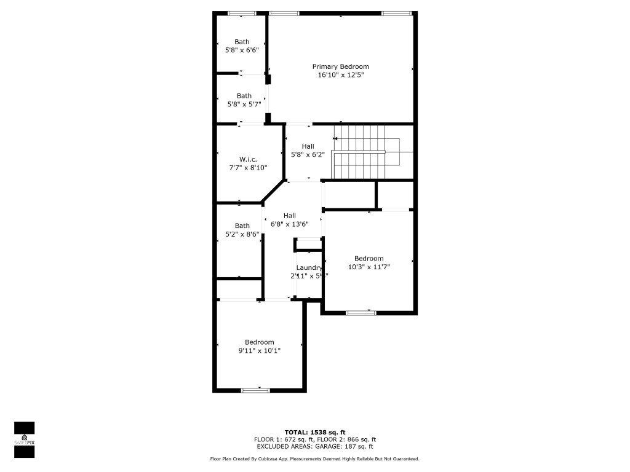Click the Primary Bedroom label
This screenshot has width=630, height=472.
click(340, 66)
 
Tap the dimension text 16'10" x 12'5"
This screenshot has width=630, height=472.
click(340, 75)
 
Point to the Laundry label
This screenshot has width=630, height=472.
click(309, 267)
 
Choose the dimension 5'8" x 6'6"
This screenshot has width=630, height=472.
click(242, 50)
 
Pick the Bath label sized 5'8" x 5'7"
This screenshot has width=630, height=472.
click(244, 95)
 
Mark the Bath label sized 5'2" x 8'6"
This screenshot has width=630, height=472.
click(242, 226)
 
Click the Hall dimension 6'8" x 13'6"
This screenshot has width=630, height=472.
click(290, 224)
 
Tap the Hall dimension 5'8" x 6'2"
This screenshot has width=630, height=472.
click(308, 154)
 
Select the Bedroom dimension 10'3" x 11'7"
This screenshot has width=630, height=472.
click(369, 267)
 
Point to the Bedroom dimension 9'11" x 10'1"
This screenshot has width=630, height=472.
click(259, 351)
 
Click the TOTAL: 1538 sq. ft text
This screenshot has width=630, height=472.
click(315, 432)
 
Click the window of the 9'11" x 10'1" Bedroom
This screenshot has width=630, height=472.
click(255, 390)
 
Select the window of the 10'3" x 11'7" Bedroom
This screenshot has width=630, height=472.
click(361, 313)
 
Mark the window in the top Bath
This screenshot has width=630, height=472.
click(242, 13)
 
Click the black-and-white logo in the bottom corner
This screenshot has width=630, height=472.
click(24, 439)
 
